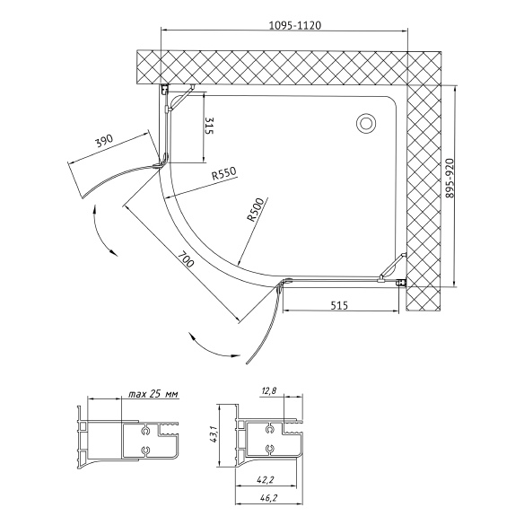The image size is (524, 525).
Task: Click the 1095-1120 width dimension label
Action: click(295, 25)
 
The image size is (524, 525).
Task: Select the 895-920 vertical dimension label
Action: click(449, 178)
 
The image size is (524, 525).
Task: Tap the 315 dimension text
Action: click(208, 126)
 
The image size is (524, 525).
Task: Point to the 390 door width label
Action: click(104, 141)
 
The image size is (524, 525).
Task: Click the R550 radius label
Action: click(223, 173)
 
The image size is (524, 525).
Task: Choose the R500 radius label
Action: click(255, 210)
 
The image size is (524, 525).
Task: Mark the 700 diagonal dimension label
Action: click(185, 259)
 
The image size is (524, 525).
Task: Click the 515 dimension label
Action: click(339, 305)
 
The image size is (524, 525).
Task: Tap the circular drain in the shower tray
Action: click(365, 123)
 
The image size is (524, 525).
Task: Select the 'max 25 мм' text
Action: click(153, 394)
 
